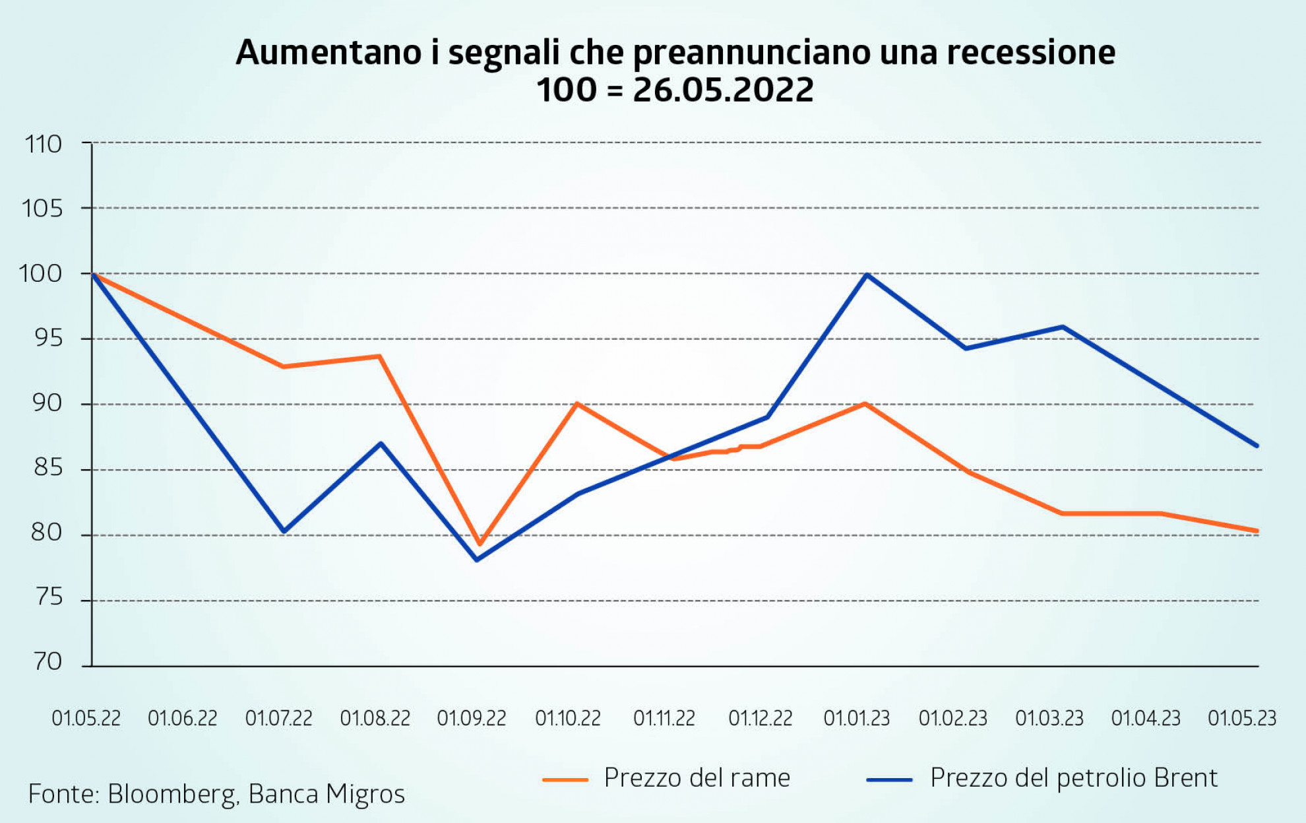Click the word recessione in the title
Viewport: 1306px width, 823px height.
pyautogui.click(x=1031, y=53)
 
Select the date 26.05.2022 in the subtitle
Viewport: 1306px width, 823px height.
pyautogui.click(x=723, y=90)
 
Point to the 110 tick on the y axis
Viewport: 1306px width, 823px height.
pyautogui.click(x=44, y=144)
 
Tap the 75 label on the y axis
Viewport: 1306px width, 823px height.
pyautogui.click(x=48, y=597)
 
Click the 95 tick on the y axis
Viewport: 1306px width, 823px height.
pyautogui.click(x=48, y=339)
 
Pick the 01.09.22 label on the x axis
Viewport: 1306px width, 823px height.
pyautogui.click(x=472, y=718)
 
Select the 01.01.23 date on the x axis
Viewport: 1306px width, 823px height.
pyautogui.click(x=856, y=718)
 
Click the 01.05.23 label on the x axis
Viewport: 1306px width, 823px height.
pyautogui.click(x=1242, y=718)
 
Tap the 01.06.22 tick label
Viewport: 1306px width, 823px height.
pyautogui.click(x=183, y=718)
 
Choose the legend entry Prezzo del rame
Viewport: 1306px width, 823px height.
pyautogui.click(x=697, y=778)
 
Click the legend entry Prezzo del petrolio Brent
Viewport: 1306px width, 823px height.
pyautogui.click(x=1073, y=778)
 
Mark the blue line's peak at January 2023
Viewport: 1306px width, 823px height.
pyautogui.click(x=867, y=275)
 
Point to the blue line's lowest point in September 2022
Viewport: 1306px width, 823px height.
pyautogui.click(x=476, y=560)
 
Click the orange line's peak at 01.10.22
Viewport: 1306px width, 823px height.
pyautogui.click(x=576, y=403)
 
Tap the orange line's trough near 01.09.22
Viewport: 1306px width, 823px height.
pyautogui.click(x=480, y=544)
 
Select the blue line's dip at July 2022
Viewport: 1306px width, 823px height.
pyautogui.click(x=284, y=531)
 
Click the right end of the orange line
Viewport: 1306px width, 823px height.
pyautogui.click(x=1257, y=531)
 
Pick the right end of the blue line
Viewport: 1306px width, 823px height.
pyautogui.click(x=1257, y=445)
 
